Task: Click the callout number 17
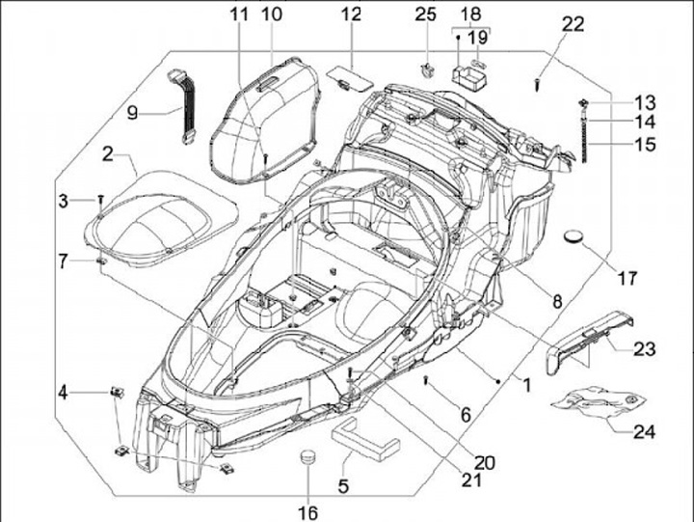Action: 627,279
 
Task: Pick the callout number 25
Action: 426,14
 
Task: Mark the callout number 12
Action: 351,14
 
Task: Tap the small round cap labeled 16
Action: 307,456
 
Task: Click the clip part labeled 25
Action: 427,69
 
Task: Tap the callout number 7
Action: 63,260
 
